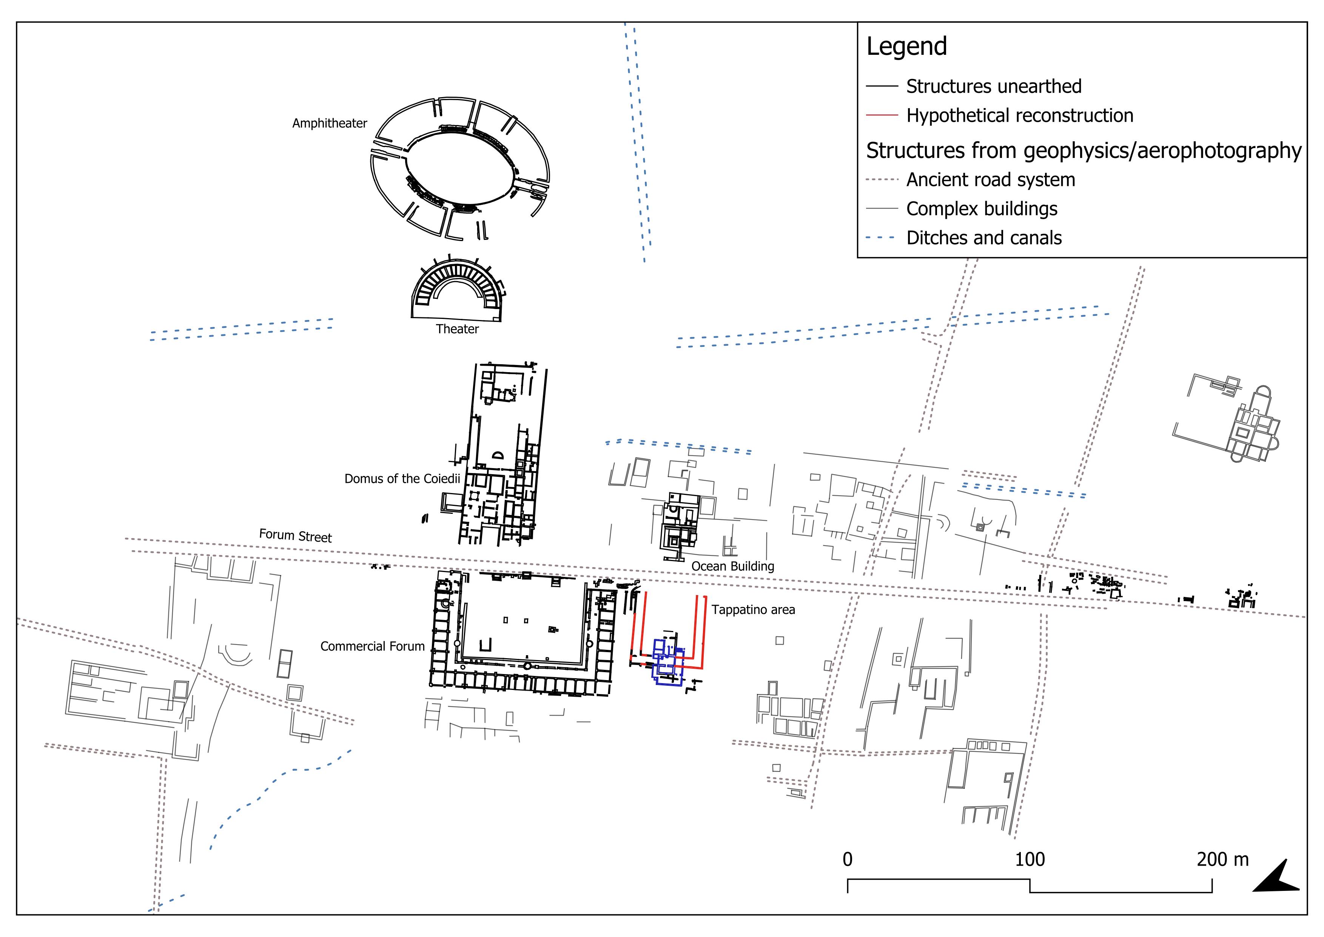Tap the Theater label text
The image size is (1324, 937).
(x=457, y=329)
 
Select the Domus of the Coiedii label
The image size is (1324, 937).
(x=402, y=479)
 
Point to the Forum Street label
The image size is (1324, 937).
(x=295, y=536)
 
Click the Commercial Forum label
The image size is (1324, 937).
(x=373, y=646)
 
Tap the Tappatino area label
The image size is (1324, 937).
(x=753, y=609)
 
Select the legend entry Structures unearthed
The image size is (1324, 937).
(x=994, y=87)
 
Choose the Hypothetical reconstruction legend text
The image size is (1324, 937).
(x=1020, y=115)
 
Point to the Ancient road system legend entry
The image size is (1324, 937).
(x=991, y=180)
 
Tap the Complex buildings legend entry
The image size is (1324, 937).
(x=982, y=209)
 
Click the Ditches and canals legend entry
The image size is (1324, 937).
(x=984, y=238)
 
